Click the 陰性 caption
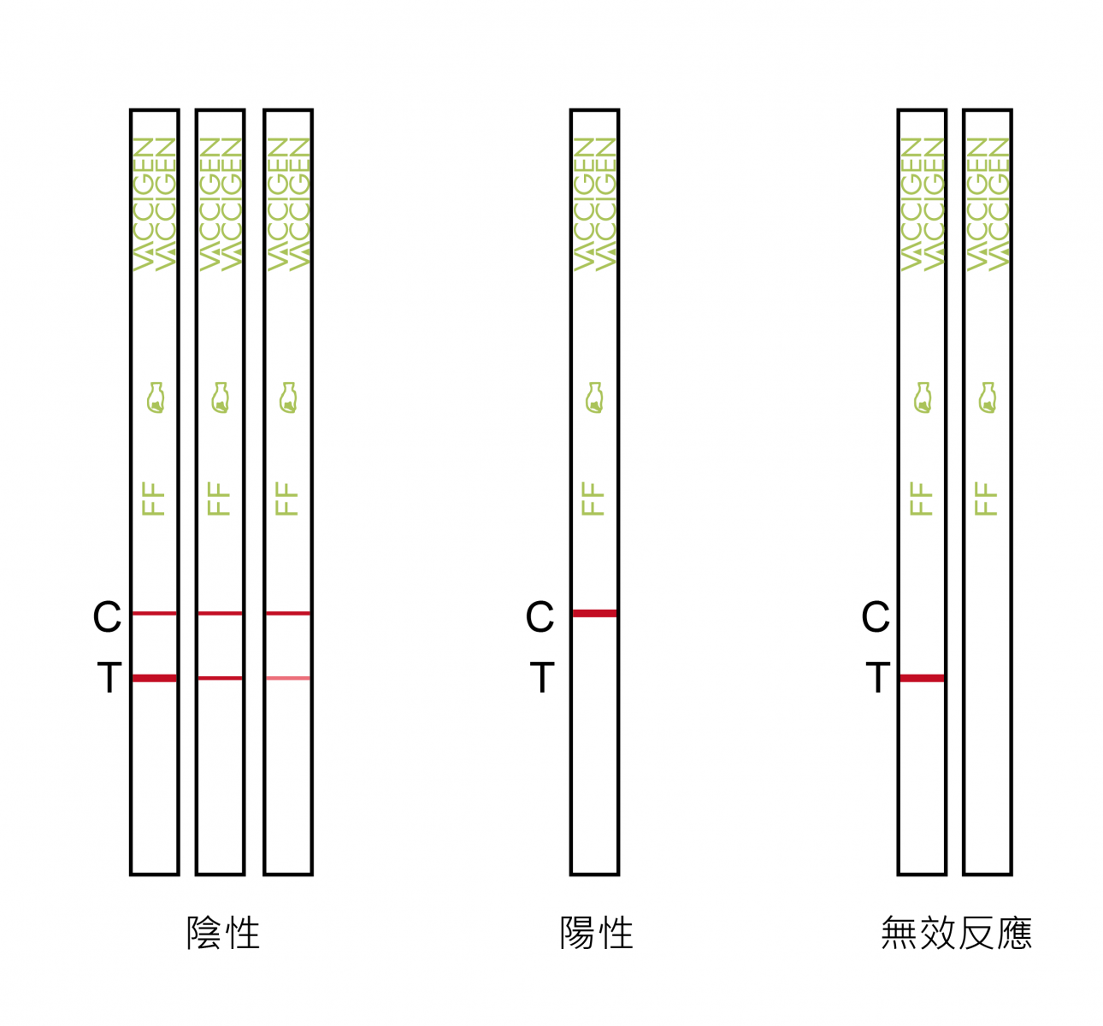point(223,933)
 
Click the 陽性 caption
point(597,933)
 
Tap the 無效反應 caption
point(957,933)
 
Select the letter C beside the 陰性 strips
point(107,616)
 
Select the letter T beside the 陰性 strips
point(109,677)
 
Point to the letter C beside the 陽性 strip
point(540,616)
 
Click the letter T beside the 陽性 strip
point(542,677)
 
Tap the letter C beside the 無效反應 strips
point(876,616)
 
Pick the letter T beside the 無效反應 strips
point(878,677)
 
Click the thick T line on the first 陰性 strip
point(155,678)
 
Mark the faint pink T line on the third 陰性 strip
point(288,678)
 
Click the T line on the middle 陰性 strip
point(221,678)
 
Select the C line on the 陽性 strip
point(595,613)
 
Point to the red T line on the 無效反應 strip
point(922,678)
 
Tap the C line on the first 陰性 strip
point(155,613)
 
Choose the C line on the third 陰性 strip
point(288,613)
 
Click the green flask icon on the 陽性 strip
point(595,398)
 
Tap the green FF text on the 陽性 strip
point(593,498)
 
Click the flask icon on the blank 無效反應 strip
point(988,398)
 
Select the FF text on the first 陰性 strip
point(153,498)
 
